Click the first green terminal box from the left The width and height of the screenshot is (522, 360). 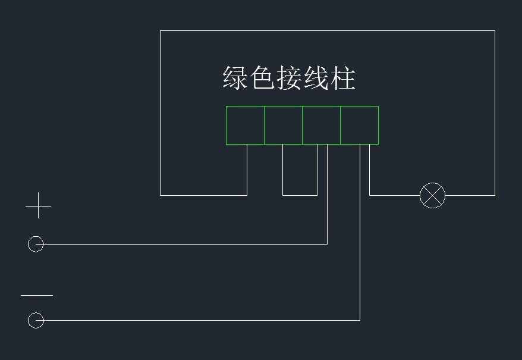coord(245,125)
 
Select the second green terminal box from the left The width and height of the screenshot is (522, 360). coord(283,125)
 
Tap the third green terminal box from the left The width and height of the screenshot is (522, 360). coord(321,125)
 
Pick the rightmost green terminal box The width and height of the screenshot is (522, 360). coord(359,125)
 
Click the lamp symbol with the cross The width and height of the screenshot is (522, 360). coord(432,195)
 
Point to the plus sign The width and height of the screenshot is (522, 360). coord(39,205)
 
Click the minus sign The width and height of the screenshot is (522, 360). coord(37,295)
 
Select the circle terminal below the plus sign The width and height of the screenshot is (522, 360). coord(36,244)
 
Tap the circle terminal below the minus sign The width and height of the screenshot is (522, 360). coord(36,320)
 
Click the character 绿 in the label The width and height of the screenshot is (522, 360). coord(235,78)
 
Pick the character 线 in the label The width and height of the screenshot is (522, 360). coord(316,78)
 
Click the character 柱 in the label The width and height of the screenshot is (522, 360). coord(343,78)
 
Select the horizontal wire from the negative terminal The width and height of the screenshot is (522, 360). coord(196,320)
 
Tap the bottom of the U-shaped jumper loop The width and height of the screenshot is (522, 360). coord(300,195)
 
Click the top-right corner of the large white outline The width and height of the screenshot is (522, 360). coord(495,31)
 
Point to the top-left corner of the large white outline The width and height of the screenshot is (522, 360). coord(161,31)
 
